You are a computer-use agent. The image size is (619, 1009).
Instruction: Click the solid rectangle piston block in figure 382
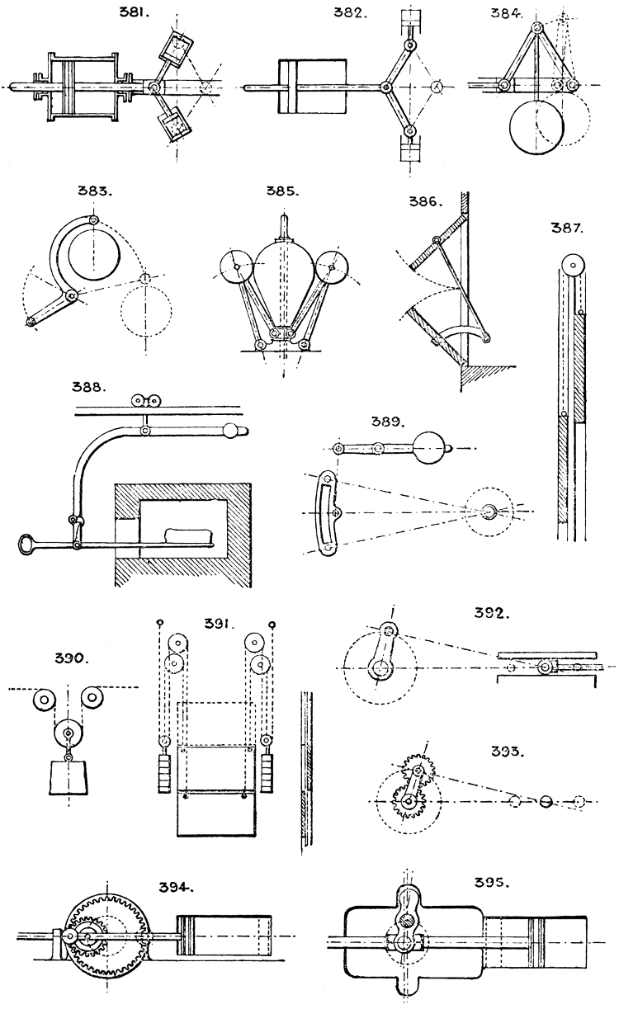click(x=312, y=86)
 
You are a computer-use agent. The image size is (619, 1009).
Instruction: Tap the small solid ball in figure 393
click(x=544, y=800)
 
